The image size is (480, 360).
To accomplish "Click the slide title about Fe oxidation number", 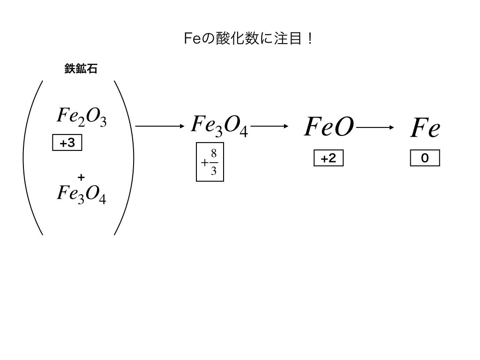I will [248, 39].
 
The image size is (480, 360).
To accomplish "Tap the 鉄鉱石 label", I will [81, 69].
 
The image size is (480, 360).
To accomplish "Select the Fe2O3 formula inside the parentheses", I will [82, 117].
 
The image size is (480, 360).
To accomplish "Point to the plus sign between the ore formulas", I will [81, 177].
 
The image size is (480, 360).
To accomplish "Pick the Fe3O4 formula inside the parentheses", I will [82, 194].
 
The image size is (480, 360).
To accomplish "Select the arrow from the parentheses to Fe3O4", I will [160, 126].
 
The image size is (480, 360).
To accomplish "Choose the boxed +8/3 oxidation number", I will [210, 162].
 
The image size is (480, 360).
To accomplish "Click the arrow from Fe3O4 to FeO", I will [269, 126].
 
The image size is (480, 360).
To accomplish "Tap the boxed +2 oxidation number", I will [329, 158].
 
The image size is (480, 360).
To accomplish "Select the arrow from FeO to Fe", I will [375, 127].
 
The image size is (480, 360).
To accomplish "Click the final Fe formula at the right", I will [425, 128].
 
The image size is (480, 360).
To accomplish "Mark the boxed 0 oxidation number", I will [425, 158].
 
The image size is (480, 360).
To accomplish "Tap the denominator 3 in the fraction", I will [214, 171].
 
